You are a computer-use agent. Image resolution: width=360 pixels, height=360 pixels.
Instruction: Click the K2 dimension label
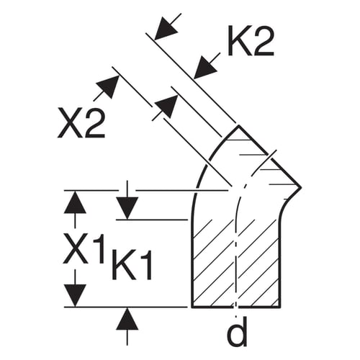[251, 41]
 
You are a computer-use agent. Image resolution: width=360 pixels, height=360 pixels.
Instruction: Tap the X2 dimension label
[81, 122]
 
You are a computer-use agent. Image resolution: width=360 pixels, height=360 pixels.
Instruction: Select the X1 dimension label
[84, 248]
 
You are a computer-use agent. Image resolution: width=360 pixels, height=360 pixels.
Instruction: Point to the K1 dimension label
[132, 265]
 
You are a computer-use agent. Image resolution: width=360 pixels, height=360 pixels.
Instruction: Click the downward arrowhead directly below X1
[75, 295]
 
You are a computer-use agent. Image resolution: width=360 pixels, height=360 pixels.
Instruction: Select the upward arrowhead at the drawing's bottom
[127, 319]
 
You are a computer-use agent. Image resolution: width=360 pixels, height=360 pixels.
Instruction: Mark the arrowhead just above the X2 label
[109, 86]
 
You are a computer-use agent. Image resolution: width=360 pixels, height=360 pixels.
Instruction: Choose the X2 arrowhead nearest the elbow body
[166, 107]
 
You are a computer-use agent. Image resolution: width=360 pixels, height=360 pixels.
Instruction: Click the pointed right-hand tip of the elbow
[301, 187]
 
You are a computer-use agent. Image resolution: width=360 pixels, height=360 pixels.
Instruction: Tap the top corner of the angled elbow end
[238, 125]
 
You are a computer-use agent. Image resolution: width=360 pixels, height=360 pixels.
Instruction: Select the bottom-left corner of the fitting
[192, 307]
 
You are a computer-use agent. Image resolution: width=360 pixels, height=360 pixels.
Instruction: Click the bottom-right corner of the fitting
[280, 307]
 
